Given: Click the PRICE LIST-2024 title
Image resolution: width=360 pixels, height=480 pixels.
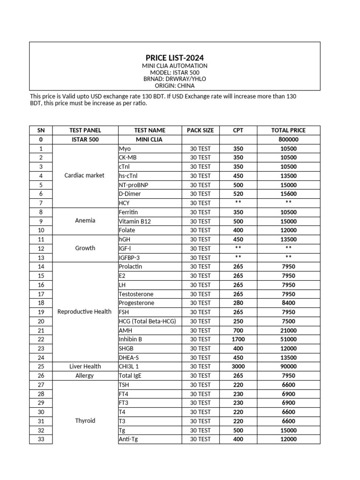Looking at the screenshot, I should pyautogui.click(x=175, y=58).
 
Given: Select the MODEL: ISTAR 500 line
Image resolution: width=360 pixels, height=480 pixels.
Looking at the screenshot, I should pyautogui.click(x=175, y=73).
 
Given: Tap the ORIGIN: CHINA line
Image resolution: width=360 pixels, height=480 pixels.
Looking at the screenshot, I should pyautogui.click(x=175, y=86).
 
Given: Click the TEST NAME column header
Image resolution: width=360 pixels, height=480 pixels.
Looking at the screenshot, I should pyautogui.click(x=150, y=130).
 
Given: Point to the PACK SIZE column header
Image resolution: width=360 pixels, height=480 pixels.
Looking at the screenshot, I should pyautogui.click(x=200, y=130).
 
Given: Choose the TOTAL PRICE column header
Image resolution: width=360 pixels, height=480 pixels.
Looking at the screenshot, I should pyautogui.click(x=288, y=130).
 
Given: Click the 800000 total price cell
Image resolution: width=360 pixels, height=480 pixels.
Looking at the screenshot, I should pyautogui.click(x=288, y=140).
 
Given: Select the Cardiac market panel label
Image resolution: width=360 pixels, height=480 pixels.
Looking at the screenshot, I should pyautogui.click(x=84, y=176).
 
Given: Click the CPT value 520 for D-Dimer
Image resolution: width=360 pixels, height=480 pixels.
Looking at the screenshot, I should pyautogui.click(x=238, y=194).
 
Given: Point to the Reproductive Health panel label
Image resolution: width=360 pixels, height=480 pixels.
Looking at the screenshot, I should pyautogui.click(x=84, y=312).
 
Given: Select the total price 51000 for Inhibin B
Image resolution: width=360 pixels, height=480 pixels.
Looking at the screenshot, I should pyautogui.click(x=288, y=339).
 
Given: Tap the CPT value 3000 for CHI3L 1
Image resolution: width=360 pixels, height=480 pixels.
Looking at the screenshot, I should pyautogui.click(x=238, y=367).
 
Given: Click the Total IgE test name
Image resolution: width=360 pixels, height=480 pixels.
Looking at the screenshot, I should pyautogui.click(x=132, y=376).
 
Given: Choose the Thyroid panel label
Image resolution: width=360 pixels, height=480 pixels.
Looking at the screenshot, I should pyautogui.click(x=85, y=421).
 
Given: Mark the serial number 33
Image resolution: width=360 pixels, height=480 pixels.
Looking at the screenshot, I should pyautogui.click(x=41, y=439).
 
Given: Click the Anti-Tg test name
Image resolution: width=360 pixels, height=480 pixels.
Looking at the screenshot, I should pyautogui.click(x=128, y=439).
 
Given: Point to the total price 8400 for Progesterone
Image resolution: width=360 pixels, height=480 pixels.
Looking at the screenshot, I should pyautogui.click(x=288, y=303).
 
